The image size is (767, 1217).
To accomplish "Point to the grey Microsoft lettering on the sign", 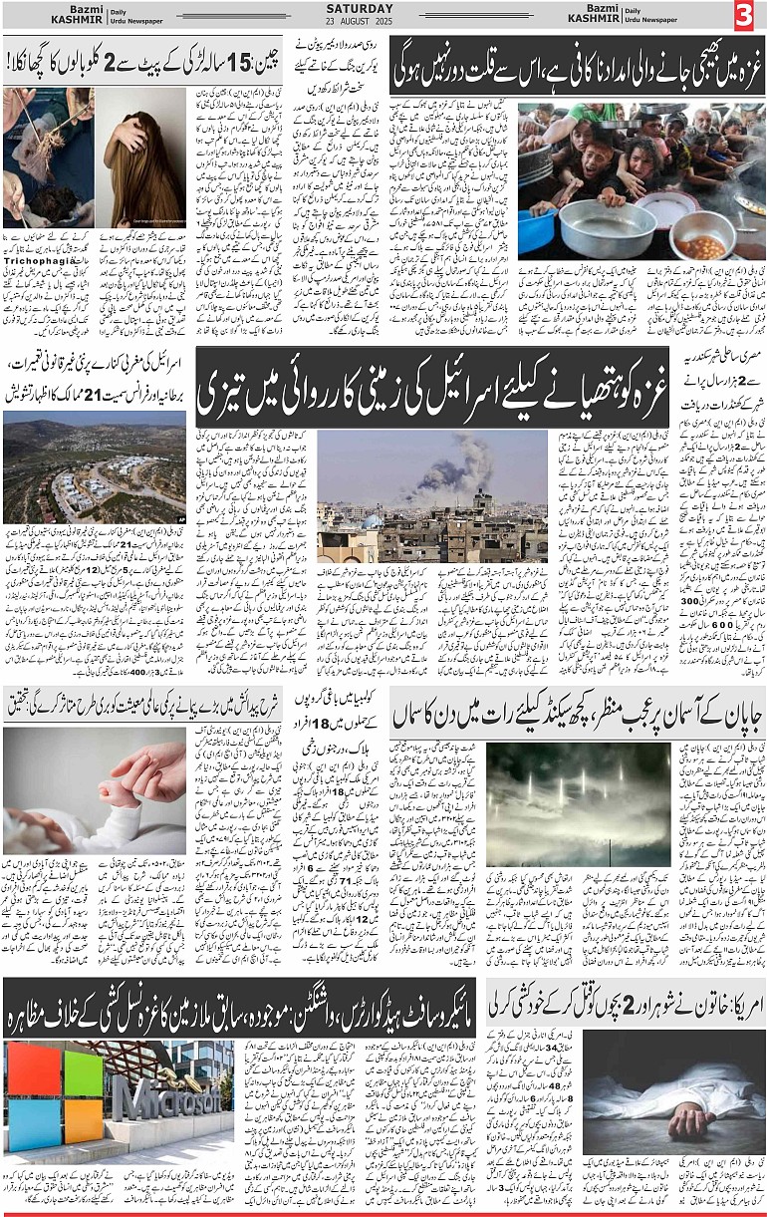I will point(170,1095).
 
